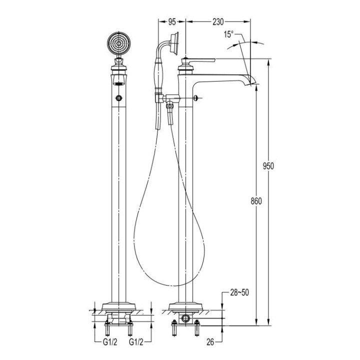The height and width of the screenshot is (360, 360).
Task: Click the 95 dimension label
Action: coord(171,21)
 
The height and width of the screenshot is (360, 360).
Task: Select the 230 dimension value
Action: coord(217,21)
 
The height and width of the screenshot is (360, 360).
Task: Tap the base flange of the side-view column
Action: coord(186,305)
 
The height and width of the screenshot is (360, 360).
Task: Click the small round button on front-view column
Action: coord(118,97)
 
